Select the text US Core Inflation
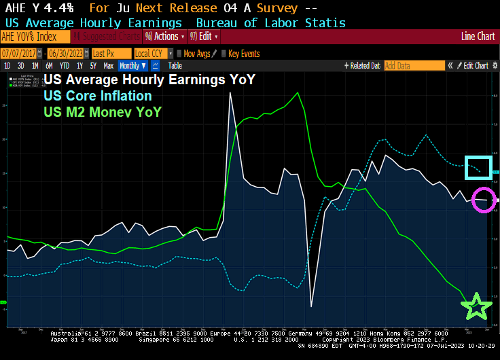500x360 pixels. tap(97, 96)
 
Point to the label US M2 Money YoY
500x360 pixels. tap(103, 111)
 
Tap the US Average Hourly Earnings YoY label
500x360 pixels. tap(149, 80)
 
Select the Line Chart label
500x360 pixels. tap(477, 37)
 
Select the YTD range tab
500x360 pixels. tap(65, 66)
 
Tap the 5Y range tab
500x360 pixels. tap(94, 66)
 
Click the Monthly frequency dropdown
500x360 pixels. tap(131, 66)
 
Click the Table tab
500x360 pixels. tap(175, 66)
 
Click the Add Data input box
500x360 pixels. tap(405, 66)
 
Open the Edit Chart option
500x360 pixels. tap(475, 66)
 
